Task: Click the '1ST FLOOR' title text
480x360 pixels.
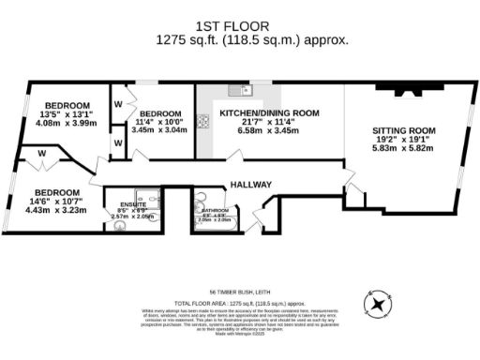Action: tap(239, 25)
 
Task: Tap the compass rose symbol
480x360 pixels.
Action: tap(378, 305)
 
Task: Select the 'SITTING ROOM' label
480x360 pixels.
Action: tap(404, 131)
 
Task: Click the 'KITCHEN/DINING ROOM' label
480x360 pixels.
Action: tap(269, 112)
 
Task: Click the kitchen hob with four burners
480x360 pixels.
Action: tap(202, 120)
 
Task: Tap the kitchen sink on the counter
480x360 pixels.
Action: tap(237, 91)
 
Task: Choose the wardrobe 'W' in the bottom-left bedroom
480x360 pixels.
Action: tap(42, 153)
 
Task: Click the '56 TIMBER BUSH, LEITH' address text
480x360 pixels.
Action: tap(239, 291)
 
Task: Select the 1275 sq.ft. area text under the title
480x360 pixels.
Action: tap(239, 40)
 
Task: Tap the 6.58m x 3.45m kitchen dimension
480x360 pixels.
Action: tap(269, 131)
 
